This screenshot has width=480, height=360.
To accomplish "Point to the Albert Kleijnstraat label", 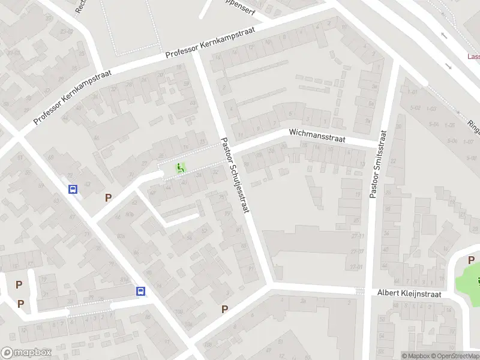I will click(410, 293).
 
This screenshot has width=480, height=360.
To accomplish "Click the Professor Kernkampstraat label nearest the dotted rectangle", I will click(211, 43).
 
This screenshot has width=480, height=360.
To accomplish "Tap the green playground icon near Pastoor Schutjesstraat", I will click(180, 168).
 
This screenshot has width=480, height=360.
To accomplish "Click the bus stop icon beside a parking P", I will click(73, 190).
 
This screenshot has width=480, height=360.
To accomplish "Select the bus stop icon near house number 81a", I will click(140, 291).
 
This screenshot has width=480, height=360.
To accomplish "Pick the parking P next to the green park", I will click(471, 260).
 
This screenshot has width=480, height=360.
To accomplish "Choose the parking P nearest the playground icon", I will click(109, 197).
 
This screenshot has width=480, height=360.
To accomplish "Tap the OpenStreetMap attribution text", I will click(457, 356).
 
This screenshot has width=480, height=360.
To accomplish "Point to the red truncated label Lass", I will click(473, 57).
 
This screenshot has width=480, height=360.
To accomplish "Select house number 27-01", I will click(358, 267).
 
